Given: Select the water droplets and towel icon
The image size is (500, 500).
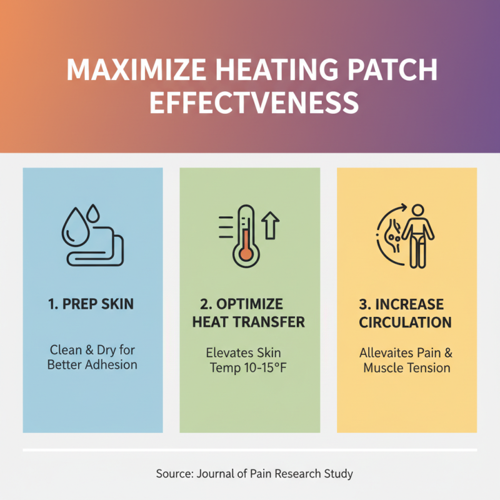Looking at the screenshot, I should click(x=93, y=235).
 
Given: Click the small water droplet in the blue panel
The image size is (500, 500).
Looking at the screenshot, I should click(x=93, y=214).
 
